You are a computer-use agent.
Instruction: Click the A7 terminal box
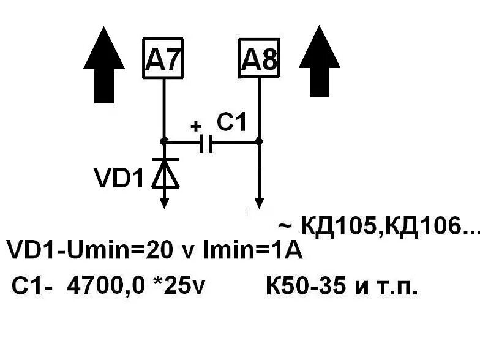(x=163, y=58)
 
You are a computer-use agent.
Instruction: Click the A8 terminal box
(x=259, y=58)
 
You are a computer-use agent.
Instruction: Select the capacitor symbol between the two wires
(x=207, y=143)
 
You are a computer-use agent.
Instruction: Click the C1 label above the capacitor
(x=232, y=123)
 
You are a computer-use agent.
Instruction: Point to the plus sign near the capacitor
(x=195, y=127)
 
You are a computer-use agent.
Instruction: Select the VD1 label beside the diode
(x=119, y=178)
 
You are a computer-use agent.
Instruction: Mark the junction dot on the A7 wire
(x=163, y=141)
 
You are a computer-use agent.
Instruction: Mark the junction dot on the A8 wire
(x=259, y=141)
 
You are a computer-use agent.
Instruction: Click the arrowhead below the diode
(x=164, y=203)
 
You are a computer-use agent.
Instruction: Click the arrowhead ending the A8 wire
(x=259, y=203)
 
